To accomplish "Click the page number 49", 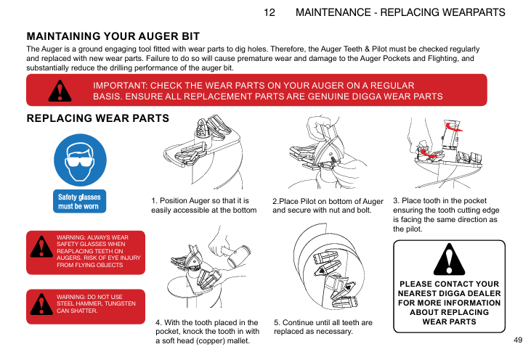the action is click(518, 340).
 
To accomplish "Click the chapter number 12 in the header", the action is click(269, 12).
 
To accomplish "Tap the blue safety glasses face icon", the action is click(80, 160).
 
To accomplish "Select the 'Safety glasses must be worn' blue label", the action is click(80, 201).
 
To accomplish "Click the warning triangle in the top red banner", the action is click(60, 91).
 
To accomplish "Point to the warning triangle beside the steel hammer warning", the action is click(41, 305).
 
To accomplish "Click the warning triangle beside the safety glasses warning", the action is click(41, 247).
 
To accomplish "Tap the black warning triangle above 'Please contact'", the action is click(449, 260).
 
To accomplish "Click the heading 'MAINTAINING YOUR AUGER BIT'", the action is click(113, 36).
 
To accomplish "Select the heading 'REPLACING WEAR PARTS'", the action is click(98, 118).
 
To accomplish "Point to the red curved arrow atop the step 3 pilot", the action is click(454, 128).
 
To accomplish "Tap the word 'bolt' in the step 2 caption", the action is click(364, 210).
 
